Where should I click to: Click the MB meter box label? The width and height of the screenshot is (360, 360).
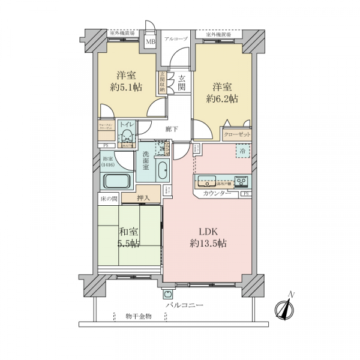(151, 42)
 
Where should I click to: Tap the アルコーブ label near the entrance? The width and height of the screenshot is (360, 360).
(176, 38)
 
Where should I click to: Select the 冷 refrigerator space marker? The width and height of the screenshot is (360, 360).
(242, 153)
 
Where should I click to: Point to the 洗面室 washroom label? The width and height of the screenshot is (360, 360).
(147, 162)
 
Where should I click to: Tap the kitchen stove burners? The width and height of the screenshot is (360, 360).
(241, 180)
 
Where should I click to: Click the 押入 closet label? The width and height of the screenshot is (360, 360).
(143, 197)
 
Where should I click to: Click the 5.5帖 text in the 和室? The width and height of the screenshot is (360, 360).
(128, 243)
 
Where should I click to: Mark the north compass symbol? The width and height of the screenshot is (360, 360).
(284, 309)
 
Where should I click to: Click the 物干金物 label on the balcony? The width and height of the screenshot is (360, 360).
(139, 316)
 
